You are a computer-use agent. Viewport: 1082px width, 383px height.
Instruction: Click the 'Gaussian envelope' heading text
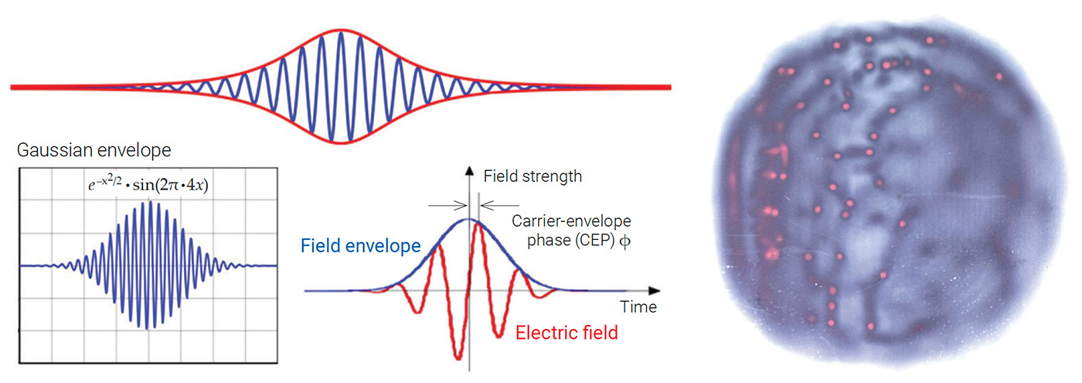[x=94, y=149]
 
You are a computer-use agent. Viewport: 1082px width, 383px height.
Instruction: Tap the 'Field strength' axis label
[x=532, y=176]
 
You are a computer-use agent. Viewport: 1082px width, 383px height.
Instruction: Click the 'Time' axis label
[x=641, y=307]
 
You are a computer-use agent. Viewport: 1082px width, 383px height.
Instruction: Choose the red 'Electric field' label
[x=566, y=333]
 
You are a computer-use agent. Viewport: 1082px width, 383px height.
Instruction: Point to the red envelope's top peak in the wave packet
[x=340, y=29]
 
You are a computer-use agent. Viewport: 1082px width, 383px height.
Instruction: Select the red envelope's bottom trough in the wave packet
[x=340, y=144]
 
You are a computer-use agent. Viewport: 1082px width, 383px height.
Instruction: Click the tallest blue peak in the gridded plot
[x=151, y=203]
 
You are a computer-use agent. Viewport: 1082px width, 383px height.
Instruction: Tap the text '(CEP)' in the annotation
[x=597, y=240]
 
